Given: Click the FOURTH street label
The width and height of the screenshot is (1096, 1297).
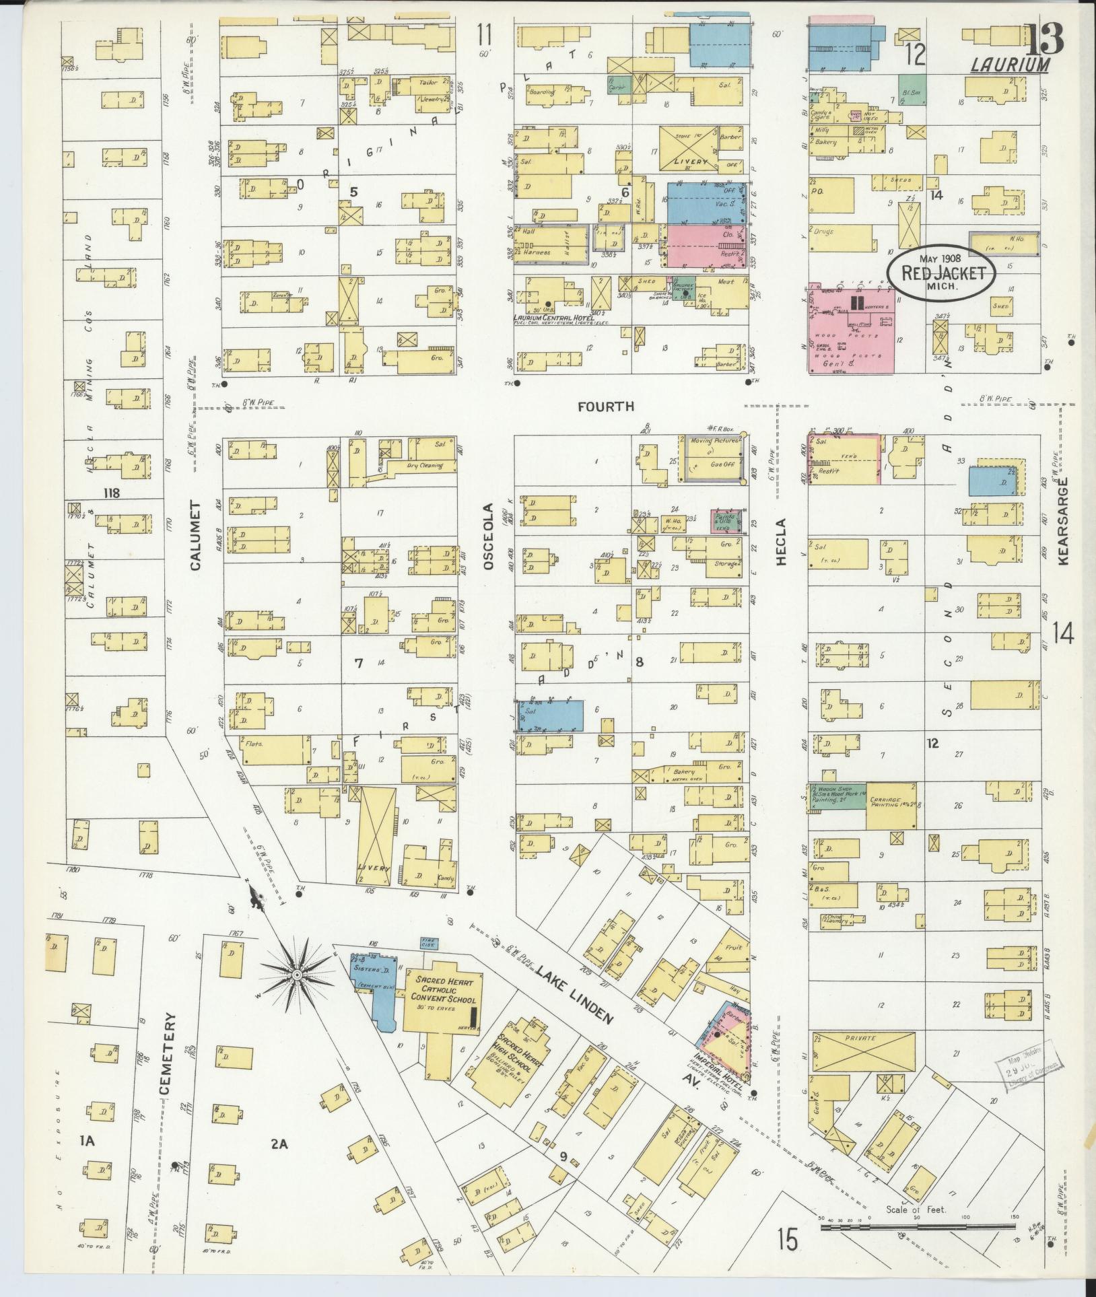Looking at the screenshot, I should click(606, 406).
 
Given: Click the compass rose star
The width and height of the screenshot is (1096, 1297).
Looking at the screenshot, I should click(297, 975).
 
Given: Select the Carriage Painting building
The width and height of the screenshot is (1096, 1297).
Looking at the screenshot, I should click(891, 805).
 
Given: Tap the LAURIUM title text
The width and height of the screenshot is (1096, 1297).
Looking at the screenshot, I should click(1010, 65).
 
